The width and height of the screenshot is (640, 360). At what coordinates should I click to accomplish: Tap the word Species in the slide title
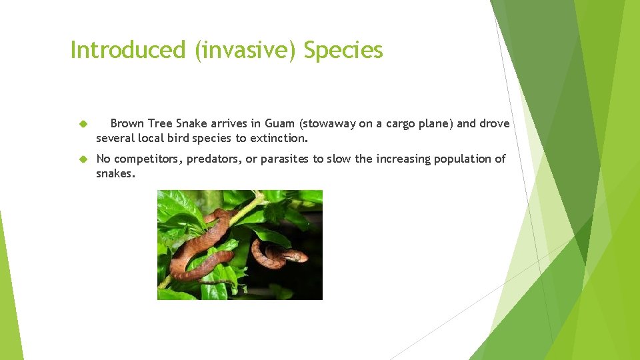click(343, 50)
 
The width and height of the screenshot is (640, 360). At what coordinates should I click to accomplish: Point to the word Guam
click(280, 123)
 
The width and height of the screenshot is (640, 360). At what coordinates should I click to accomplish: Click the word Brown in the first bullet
click(127, 123)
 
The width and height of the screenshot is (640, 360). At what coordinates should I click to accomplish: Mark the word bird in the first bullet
click(177, 139)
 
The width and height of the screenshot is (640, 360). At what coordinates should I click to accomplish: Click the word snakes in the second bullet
click(115, 173)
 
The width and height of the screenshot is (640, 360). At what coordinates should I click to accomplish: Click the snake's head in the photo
click(296, 256)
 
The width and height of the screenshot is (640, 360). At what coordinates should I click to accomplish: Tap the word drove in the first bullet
click(494, 123)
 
